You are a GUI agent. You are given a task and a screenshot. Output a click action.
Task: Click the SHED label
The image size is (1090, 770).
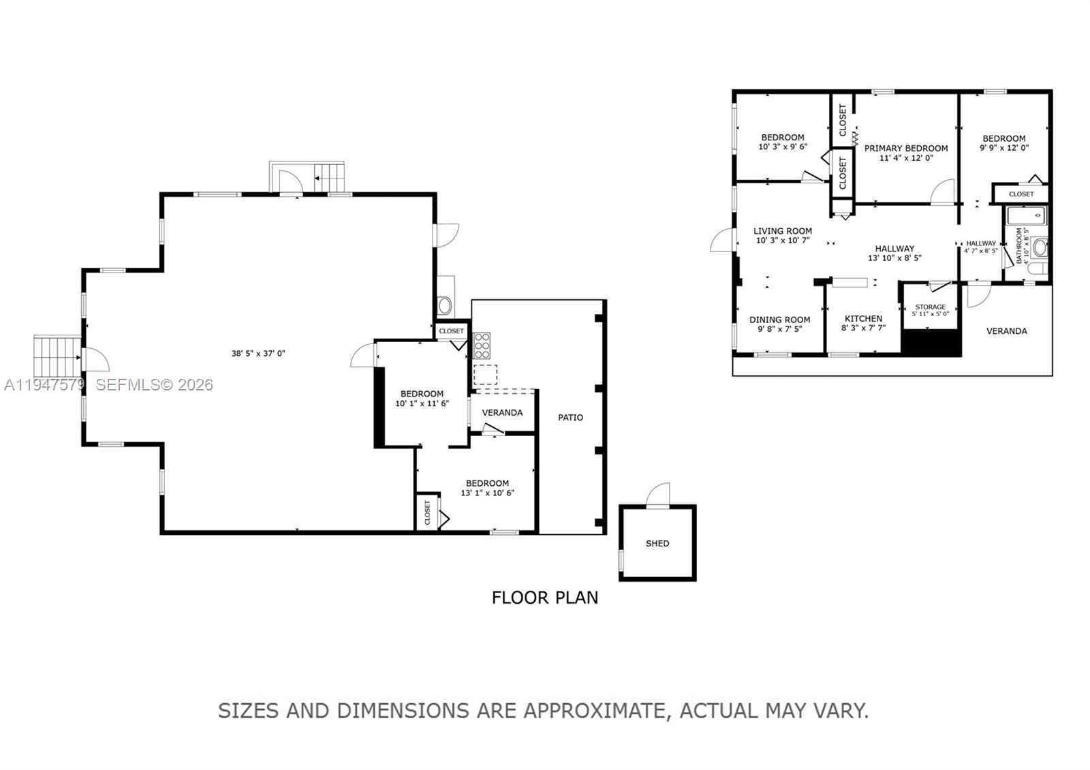pos(657,543)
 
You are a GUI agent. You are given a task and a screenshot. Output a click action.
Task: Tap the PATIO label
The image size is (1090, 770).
pos(570,417)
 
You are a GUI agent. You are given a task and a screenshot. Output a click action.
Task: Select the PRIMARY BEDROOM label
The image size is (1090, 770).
pos(905,148)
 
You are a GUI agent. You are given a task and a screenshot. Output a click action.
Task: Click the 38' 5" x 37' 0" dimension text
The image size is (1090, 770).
pos(258,353)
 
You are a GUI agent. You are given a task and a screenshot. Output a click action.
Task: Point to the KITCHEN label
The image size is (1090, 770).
pos(863,318)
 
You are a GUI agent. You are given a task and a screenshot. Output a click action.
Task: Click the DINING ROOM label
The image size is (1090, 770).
pos(779,320)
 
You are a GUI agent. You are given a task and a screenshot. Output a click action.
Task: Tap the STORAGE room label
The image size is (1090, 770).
pos(930,307)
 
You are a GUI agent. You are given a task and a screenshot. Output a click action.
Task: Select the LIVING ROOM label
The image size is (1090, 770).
pos(782,231)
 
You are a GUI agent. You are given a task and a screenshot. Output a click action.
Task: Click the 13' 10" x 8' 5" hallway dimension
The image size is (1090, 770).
pos(894,258)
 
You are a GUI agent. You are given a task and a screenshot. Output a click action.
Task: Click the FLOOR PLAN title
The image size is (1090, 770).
pos(545,598)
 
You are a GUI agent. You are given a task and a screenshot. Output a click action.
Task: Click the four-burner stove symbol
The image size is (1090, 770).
pos(482,345)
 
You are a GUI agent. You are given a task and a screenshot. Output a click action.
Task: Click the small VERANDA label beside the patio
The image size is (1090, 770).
pos(502,412)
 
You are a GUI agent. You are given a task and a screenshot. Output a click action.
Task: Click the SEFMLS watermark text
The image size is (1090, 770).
pos(154,385)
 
